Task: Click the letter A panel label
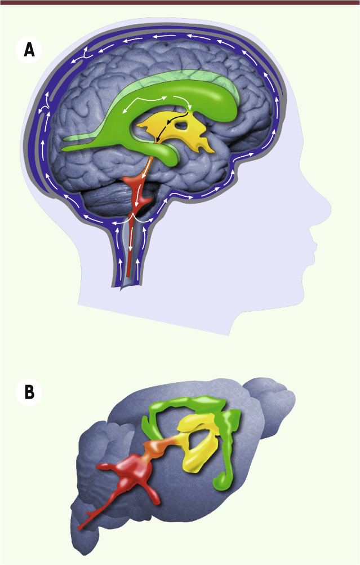pos(29,50)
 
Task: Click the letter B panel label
pos(29,392)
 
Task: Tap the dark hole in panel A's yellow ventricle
pos(183,126)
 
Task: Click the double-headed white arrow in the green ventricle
pos(144,103)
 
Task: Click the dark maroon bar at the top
pos(180,2)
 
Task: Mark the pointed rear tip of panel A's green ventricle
pos(63,148)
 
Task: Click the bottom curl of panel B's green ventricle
pos(220,482)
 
